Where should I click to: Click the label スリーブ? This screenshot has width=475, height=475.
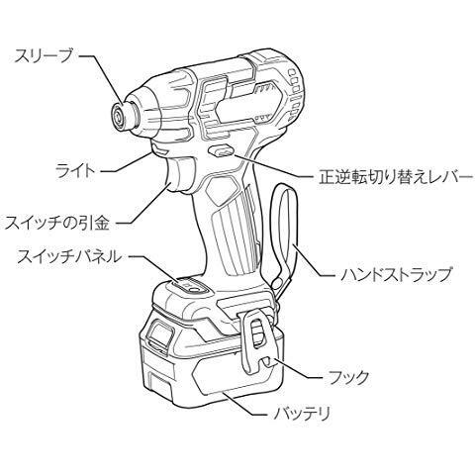[x=43, y=56]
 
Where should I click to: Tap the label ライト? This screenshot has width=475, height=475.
[x=75, y=171]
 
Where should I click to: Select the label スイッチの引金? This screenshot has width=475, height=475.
[x=56, y=223]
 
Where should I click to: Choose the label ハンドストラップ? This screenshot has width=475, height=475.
[x=396, y=274]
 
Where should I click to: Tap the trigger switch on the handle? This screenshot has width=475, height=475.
[x=180, y=175]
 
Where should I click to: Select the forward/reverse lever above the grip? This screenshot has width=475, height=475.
[x=221, y=150]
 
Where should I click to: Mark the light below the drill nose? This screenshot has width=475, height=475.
[x=160, y=149]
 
